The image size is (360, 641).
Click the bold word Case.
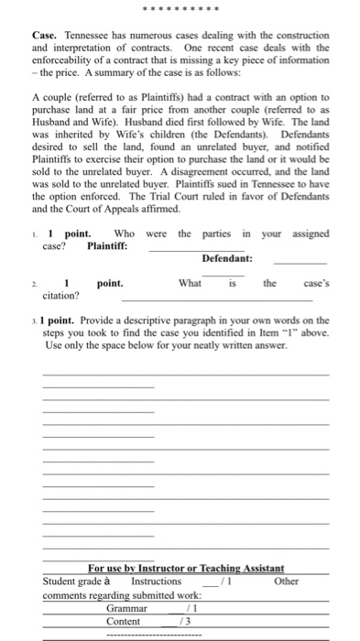[x=45, y=35]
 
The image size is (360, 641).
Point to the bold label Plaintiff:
[x=107, y=245]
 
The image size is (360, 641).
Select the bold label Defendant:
[x=227, y=259]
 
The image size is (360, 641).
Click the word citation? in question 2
[x=60, y=296]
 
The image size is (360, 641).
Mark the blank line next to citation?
[x=216, y=299]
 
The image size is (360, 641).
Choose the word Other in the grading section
[x=286, y=581]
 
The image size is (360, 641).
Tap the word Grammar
[x=126, y=608]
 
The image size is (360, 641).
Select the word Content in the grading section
[x=124, y=621]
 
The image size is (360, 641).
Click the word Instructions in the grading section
[x=157, y=581]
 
